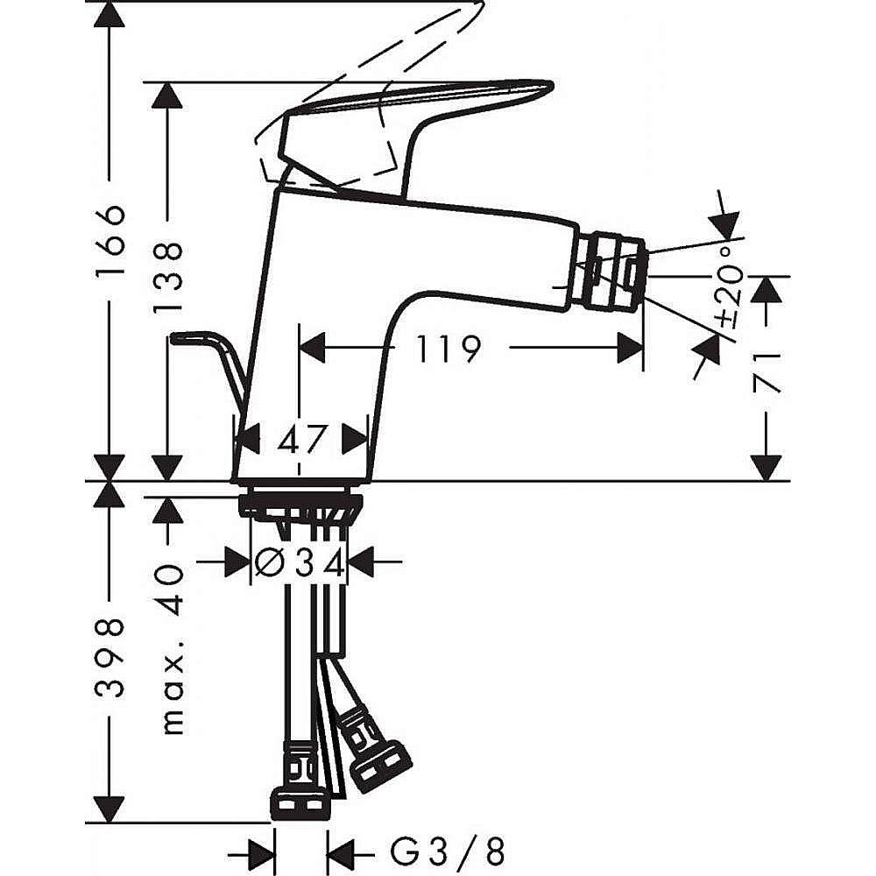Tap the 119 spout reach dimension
pos(448,350)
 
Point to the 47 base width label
pos(302,437)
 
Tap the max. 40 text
pos(172,648)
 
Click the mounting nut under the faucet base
pos(300,505)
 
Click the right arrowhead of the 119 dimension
pos(630,350)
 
